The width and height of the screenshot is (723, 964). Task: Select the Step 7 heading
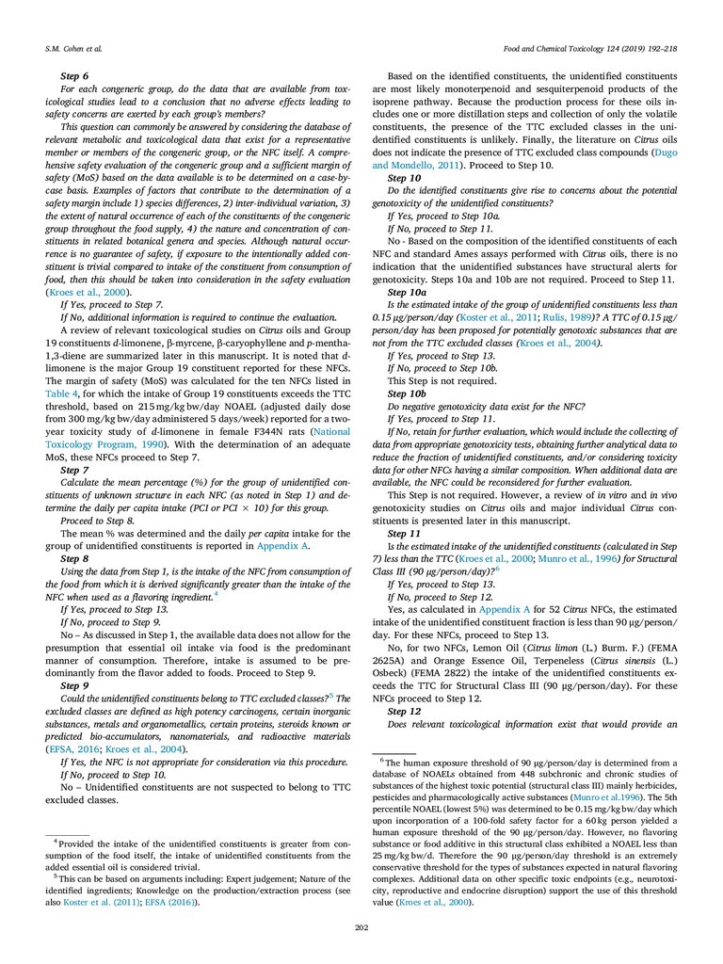coord(74,468)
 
